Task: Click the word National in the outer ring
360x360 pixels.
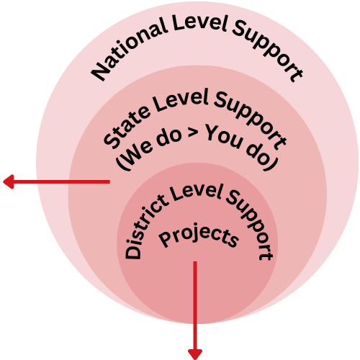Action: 129,49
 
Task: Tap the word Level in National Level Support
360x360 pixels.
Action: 199,23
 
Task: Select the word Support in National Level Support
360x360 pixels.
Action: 268,51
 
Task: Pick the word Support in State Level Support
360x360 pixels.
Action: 250,121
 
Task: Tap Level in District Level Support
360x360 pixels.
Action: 197,192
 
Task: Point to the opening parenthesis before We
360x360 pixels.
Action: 123,163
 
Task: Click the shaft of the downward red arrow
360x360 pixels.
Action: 195,305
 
